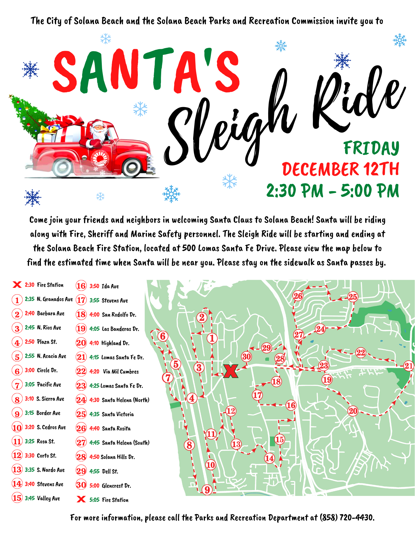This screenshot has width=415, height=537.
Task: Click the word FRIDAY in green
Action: pyautogui.click(x=371, y=148)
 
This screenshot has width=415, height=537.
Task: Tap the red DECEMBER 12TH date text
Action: pyautogui.click(x=340, y=169)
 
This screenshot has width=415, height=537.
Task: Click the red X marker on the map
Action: pyautogui.click(x=230, y=371)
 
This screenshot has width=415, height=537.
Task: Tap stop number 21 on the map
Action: pyautogui.click(x=409, y=366)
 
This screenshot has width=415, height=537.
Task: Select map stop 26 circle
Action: pyautogui.click(x=298, y=296)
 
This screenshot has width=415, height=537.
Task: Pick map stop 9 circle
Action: pyautogui.click(x=207, y=490)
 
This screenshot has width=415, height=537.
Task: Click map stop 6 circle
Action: pyautogui.click(x=163, y=336)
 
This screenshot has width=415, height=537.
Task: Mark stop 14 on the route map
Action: pyautogui.click(x=269, y=458)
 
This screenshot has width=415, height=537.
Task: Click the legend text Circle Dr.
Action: pyautogui.click(x=47, y=371)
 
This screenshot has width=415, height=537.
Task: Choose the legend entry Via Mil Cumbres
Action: pyautogui.click(x=121, y=372)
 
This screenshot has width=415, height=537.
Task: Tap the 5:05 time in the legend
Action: pyautogui.click(x=94, y=500)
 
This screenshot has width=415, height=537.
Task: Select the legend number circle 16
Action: pyautogui.click(x=81, y=286)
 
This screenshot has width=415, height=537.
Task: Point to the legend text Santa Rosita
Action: pyautogui.click(x=116, y=429)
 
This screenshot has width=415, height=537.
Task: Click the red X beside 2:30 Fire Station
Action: pyautogui.click(x=17, y=285)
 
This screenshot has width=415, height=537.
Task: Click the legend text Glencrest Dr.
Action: pyautogui.click(x=116, y=486)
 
